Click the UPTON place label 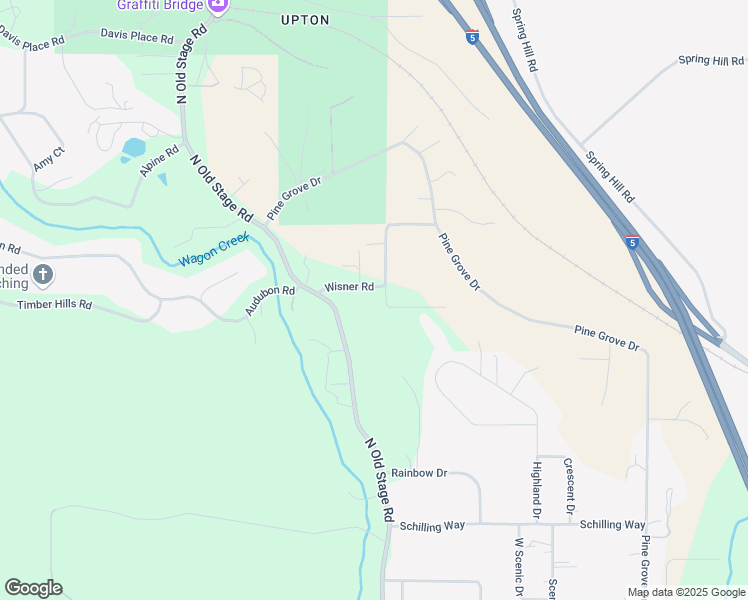pyautogui.click(x=305, y=19)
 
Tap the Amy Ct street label pyautogui.click(x=48, y=158)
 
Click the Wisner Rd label pyautogui.click(x=348, y=287)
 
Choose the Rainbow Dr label pyautogui.click(x=418, y=472)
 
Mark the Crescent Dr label pyautogui.click(x=568, y=485)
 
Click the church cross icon pyautogui.click(x=43, y=274)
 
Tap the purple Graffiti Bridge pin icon pyautogui.click(x=217, y=6)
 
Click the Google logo pyautogui.click(x=33, y=588)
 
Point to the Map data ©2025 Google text pyautogui.click(x=686, y=592)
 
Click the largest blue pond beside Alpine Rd pyautogui.click(x=134, y=148)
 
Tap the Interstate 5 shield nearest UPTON pyautogui.click(x=472, y=38)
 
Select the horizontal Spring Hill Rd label pyautogui.click(x=711, y=61)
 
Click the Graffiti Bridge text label pyautogui.click(x=160, y=5)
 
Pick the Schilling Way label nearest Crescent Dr pyautogui.click(x=612, y=524)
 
